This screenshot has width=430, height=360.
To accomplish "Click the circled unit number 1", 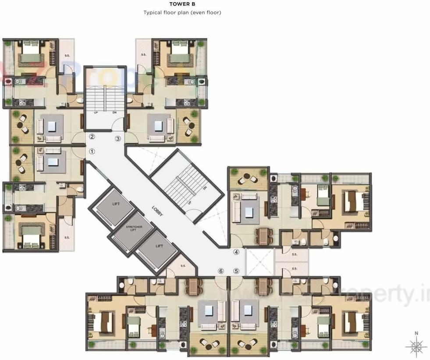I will tap(92, 151).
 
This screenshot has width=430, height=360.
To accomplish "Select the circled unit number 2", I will tap(92, 136).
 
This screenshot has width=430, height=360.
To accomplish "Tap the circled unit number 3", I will tap(117, 139).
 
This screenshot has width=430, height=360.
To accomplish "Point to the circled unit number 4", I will tap(236, 252).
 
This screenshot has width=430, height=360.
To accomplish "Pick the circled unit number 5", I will tap(236, 271).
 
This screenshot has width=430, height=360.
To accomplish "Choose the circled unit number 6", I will tap(221, 271).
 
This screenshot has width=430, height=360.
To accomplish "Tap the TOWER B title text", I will tap(182, 4).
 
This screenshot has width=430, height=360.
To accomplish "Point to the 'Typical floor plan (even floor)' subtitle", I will tap(182, 13).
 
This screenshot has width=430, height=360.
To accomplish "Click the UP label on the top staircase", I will tap(96, 112).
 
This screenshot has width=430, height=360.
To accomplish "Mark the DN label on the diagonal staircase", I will tap(205, 188).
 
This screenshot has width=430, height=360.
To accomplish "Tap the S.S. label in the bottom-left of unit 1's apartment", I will tap(67, 237).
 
